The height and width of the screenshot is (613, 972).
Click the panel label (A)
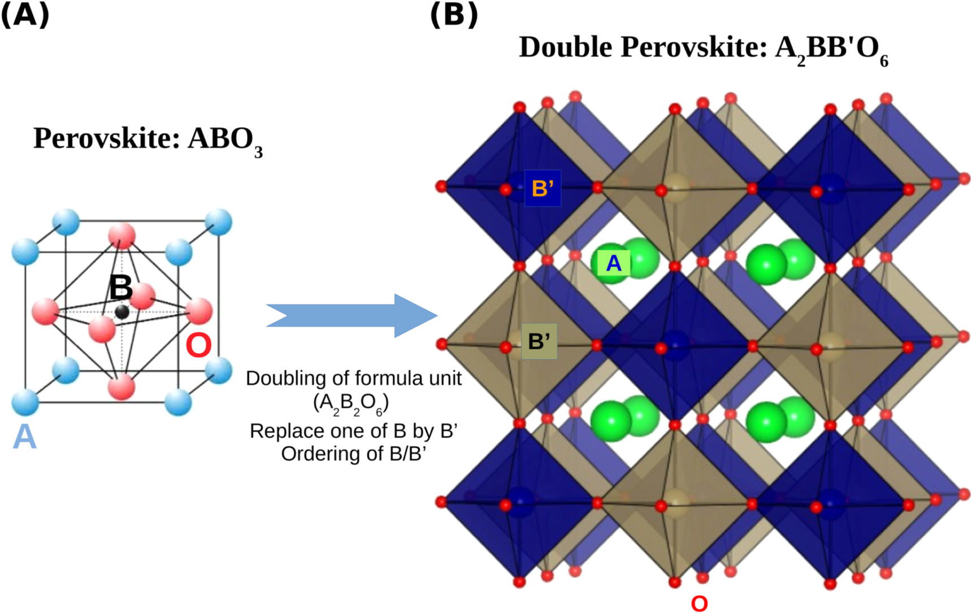tap(25, 15)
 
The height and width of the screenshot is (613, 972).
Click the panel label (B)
tap(454, 15)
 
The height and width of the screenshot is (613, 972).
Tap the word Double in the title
tap(566, 47)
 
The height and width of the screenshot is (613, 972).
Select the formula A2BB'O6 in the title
tap(831, 50)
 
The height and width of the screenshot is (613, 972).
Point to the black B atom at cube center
tap(122, 311)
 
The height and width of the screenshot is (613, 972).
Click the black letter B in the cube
tap(120, 288)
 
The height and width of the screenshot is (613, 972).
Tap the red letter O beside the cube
tap(198, 345)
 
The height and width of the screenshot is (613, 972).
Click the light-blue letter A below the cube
tap(24, 437)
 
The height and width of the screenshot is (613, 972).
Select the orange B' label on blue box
tap(542, 188)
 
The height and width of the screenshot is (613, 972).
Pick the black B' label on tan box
tap(539, 341)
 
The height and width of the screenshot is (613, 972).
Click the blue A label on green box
tap(613, 263)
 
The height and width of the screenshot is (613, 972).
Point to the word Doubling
tap(281, 379)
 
